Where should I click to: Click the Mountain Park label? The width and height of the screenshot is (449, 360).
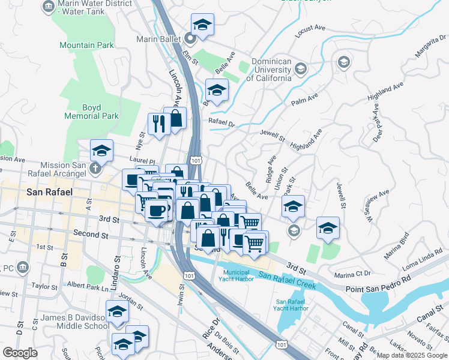pyautogui.click(x=86, y=45)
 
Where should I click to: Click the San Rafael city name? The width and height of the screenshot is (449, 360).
pyautogui.click(x=50, y=192)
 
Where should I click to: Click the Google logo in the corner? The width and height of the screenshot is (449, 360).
pyautogui.click(x=20, y=353)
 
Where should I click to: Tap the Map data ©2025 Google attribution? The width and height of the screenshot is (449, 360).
pyautogui.click(x=411, y=355)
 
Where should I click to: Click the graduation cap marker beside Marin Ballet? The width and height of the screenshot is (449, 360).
pyautogui.click(x=202, y=25)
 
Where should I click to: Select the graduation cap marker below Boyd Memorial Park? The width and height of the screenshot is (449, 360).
pyautogui.click(x=101, y=151)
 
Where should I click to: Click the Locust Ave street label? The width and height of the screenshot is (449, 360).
pyautogui.click(x=310, y=28)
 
